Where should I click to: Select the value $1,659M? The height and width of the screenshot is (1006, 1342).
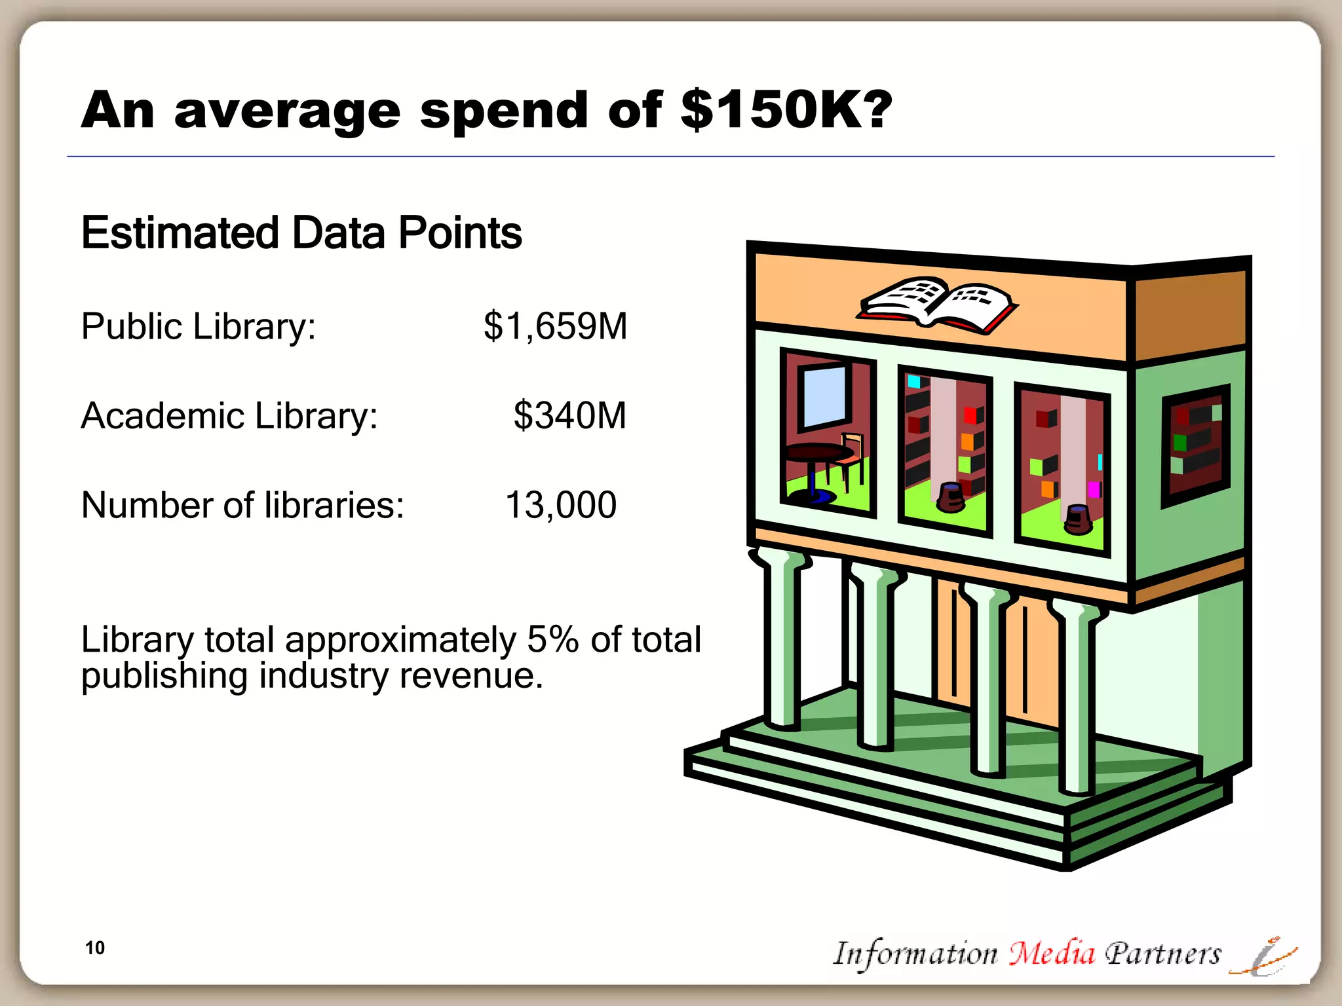click(555, 326)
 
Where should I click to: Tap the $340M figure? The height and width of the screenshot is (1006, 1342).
click(569, 415)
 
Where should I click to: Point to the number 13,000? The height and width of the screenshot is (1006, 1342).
click(561, 505)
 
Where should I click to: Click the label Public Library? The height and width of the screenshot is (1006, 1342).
click(199, 326)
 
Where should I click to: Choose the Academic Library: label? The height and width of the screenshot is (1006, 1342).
click(229, 415)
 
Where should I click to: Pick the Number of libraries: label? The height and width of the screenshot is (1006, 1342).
click(242, 505)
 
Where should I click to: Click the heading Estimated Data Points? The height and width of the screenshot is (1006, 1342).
click(301, 233)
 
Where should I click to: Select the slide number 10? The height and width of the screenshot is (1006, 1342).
click(95, 948)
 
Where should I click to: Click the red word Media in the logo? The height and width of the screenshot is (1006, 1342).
click(1052, 954)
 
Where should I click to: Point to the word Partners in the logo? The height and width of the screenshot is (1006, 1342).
click(1163, 954)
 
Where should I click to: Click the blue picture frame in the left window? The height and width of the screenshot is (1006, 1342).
click(824, 396)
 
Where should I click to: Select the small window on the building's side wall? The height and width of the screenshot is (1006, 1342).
click(1195, 445)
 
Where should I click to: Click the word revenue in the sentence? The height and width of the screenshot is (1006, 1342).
click(470, 675)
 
